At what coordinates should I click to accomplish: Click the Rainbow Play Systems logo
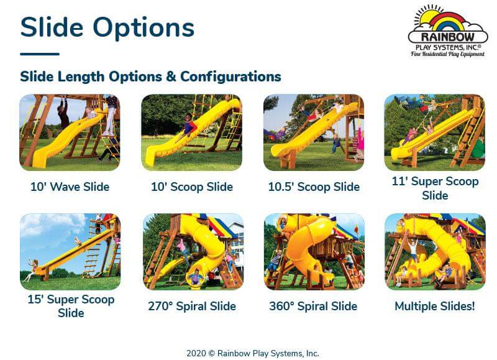(448, 32)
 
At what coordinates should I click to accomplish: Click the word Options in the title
(144, 28)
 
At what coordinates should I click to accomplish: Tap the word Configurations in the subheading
(230, 76)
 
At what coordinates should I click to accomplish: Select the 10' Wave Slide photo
(70, 132)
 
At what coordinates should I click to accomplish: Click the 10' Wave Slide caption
(70, 187)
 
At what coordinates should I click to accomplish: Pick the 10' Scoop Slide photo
(191, 132)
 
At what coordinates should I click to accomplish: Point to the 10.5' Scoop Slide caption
(314, 187)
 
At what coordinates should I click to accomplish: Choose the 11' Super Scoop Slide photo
(434, 132)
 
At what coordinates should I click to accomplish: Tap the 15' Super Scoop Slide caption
(71, 306)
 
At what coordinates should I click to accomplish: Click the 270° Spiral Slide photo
(193, 252)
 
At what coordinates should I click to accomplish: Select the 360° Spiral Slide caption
(313, 306)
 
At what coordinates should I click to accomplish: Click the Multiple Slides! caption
(435, 306)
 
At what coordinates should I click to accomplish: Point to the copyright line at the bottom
(253, 353)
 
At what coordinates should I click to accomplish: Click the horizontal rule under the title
(40, 54)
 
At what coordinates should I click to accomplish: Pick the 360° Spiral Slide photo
(314, 252)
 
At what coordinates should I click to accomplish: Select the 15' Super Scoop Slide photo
(70, 252)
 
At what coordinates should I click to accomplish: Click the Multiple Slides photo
(435, 252)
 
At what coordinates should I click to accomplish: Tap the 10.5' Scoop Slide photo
(314, 132)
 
